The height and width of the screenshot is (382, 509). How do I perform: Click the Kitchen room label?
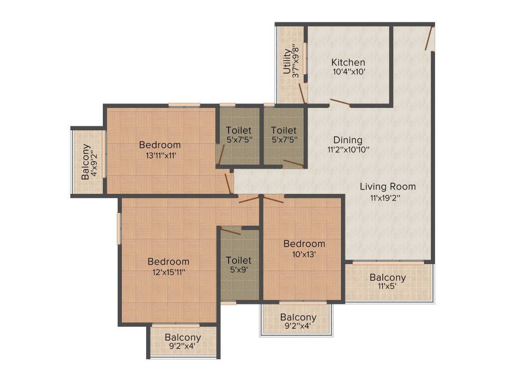pos(348,62)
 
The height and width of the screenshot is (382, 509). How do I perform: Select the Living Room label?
pos(388,187)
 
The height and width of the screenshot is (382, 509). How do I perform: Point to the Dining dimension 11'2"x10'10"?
pos(348,149)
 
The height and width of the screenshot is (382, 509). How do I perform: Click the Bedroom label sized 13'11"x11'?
pos(160,145)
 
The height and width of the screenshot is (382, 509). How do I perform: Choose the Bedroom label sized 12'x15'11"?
pos(168,261)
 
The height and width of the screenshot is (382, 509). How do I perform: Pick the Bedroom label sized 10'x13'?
pos(304,243)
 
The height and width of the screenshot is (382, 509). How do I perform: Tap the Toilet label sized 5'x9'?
pos(239,260)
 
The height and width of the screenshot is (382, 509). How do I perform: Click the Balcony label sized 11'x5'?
pos(388,277)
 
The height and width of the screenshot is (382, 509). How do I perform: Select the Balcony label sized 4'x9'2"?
pos(85,162)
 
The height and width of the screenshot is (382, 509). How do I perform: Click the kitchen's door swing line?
pos(340,103)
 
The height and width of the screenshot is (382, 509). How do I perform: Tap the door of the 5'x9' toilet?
pos(231,231)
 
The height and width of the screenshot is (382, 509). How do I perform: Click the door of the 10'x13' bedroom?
pos(273,200)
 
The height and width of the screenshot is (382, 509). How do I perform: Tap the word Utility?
pos(287,61)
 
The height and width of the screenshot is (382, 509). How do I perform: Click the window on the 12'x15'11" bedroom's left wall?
pos(119,228)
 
